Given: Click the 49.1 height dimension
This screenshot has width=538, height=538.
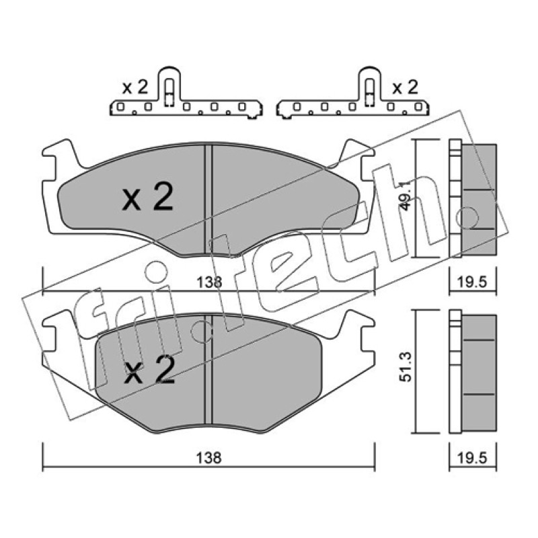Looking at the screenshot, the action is click(406, 196).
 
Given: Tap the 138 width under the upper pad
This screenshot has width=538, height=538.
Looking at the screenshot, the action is click(209, 282).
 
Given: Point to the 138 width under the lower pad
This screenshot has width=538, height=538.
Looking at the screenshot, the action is click(208, 458).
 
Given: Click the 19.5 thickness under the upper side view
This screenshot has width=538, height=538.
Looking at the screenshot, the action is click(473, 282).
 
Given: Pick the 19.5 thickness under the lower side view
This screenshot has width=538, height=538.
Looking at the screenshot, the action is click(473, 458).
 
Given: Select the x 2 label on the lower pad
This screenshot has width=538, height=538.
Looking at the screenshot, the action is click(149, 369).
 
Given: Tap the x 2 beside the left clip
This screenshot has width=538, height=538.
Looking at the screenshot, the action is click(135, 88).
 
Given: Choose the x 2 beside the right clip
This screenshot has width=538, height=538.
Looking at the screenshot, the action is click(406, 87).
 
